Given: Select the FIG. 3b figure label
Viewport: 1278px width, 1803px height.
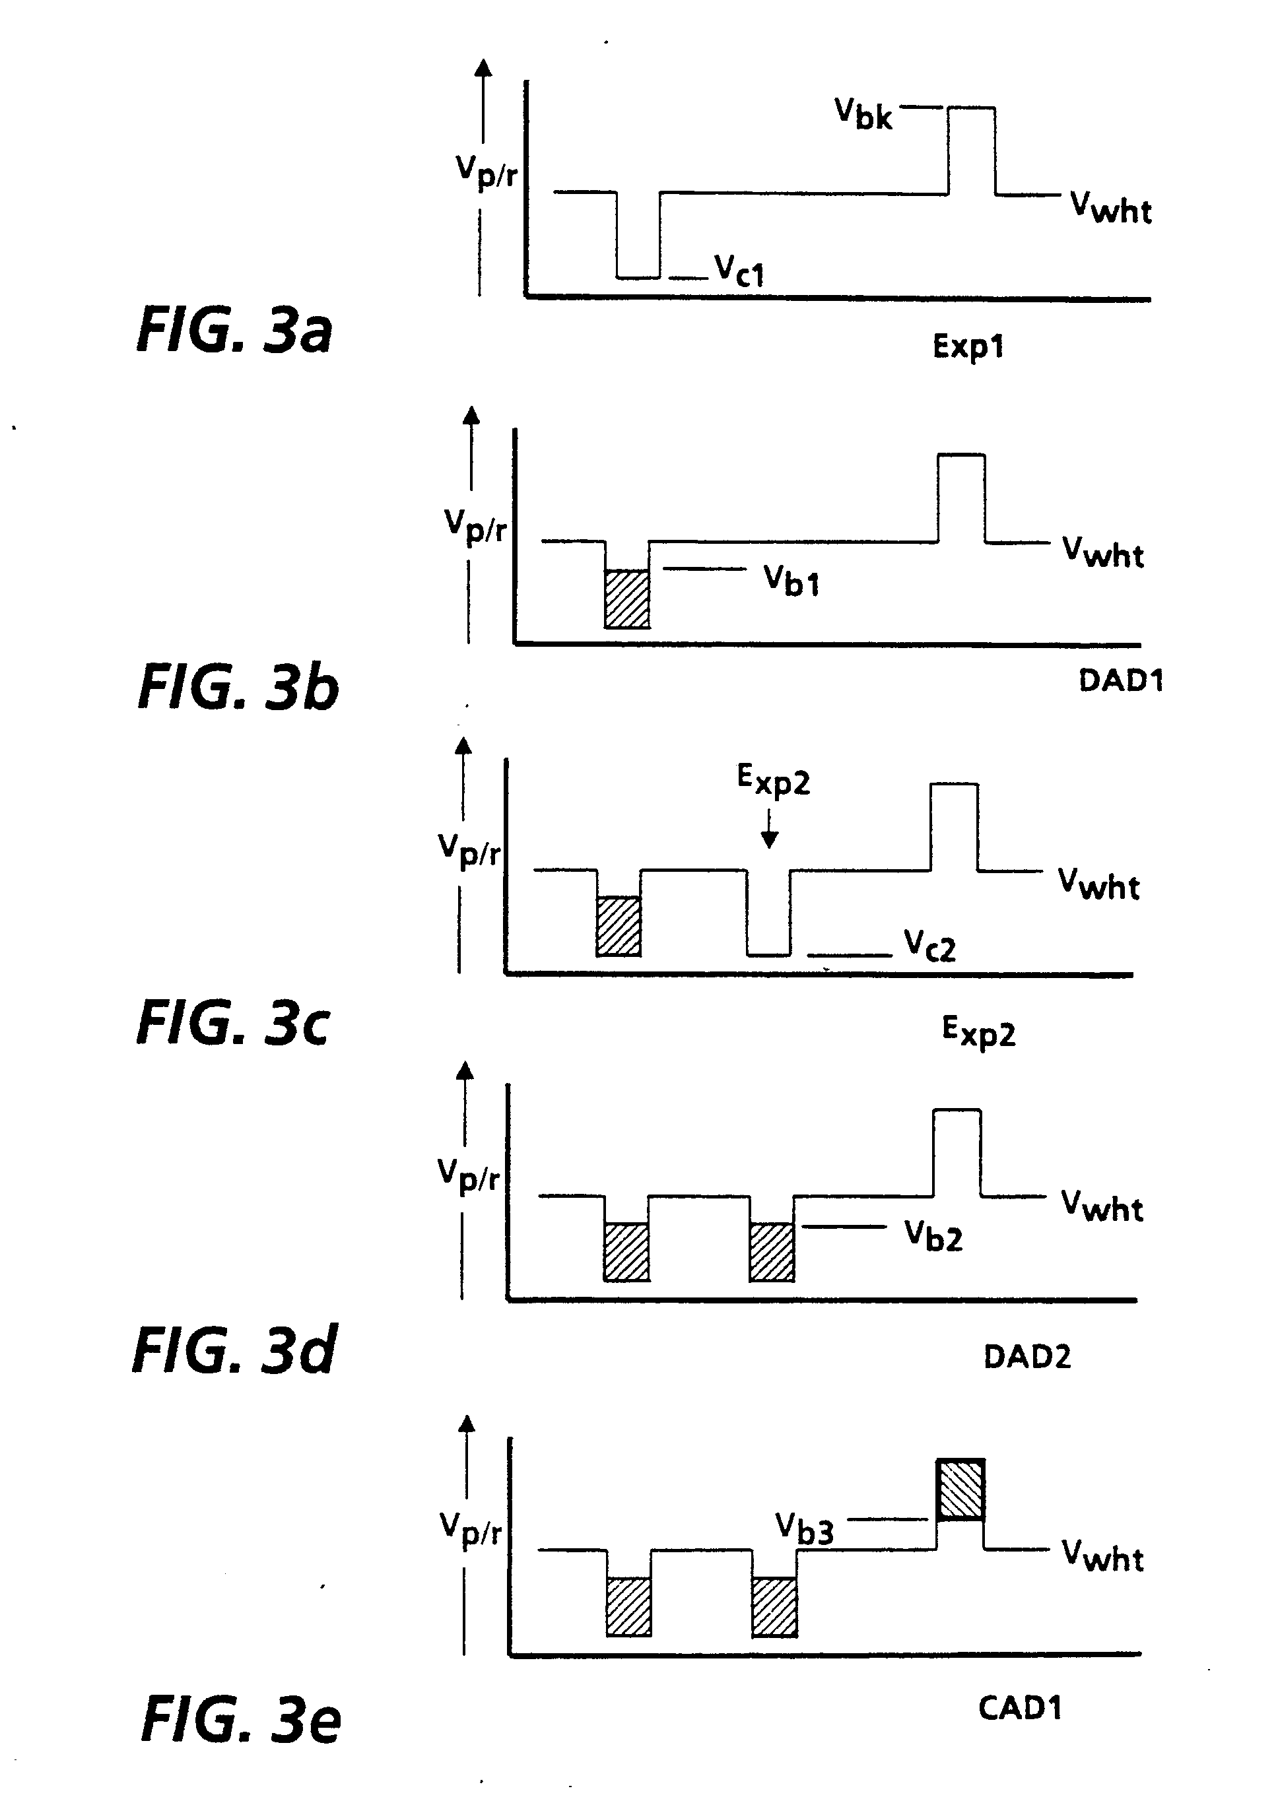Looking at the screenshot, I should [x=238, y=687].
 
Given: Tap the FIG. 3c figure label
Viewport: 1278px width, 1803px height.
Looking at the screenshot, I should [x=233, y=1024].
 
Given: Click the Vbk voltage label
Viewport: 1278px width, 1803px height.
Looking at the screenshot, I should [x=863, y=114].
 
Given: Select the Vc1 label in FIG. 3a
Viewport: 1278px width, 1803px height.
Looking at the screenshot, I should [x=739, y=271].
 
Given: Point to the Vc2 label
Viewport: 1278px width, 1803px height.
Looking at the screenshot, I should [x=929, y=945].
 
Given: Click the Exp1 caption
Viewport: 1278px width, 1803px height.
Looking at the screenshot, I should [x=968, y=346].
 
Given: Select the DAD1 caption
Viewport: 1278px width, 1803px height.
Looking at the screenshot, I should [x=1121, y=680].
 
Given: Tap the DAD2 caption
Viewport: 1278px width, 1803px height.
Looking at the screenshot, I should [x=1027, y=1357].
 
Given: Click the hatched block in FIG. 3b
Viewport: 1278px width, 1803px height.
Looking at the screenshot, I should [x=627, y=599].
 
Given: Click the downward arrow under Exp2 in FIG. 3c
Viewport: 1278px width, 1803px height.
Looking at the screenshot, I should [x=770, y=830].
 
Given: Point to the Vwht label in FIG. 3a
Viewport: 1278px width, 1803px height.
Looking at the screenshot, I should [x=1110, y=209].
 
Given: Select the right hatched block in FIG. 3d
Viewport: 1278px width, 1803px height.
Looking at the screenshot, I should [x=771, y=1251].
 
